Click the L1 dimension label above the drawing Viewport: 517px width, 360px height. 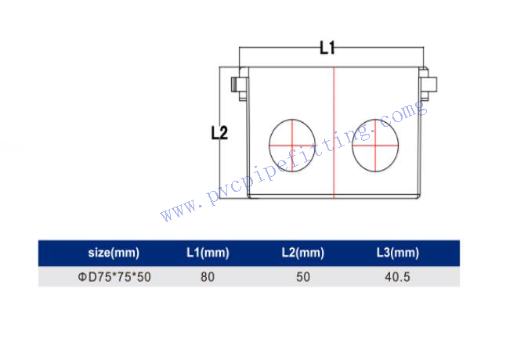(327, 48)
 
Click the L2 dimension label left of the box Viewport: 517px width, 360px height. (219, 133)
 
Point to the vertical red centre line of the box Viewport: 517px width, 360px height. (334, 133)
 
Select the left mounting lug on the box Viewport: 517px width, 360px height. (240, 85)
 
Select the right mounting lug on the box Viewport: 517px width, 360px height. (428, 85)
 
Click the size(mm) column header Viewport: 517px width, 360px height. (114, 253)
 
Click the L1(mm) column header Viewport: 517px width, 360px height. (208, 253)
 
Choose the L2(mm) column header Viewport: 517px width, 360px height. (303, 253)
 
